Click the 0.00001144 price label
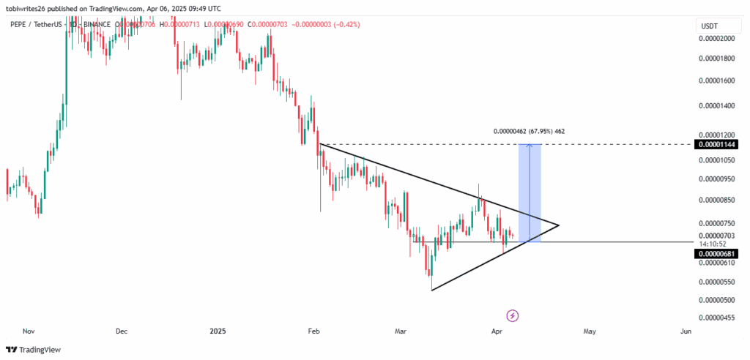point(716,145)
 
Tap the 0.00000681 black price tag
point(716,254)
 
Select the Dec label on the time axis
point(122,331)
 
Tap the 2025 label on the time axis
point(218,331)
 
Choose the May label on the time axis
point(590,331)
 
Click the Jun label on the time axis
point(686,331)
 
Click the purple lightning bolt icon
point(513,315)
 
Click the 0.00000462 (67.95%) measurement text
point(528,131)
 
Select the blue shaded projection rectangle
point(530,192)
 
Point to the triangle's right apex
point(559,225)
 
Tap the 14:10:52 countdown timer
point(713,244)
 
